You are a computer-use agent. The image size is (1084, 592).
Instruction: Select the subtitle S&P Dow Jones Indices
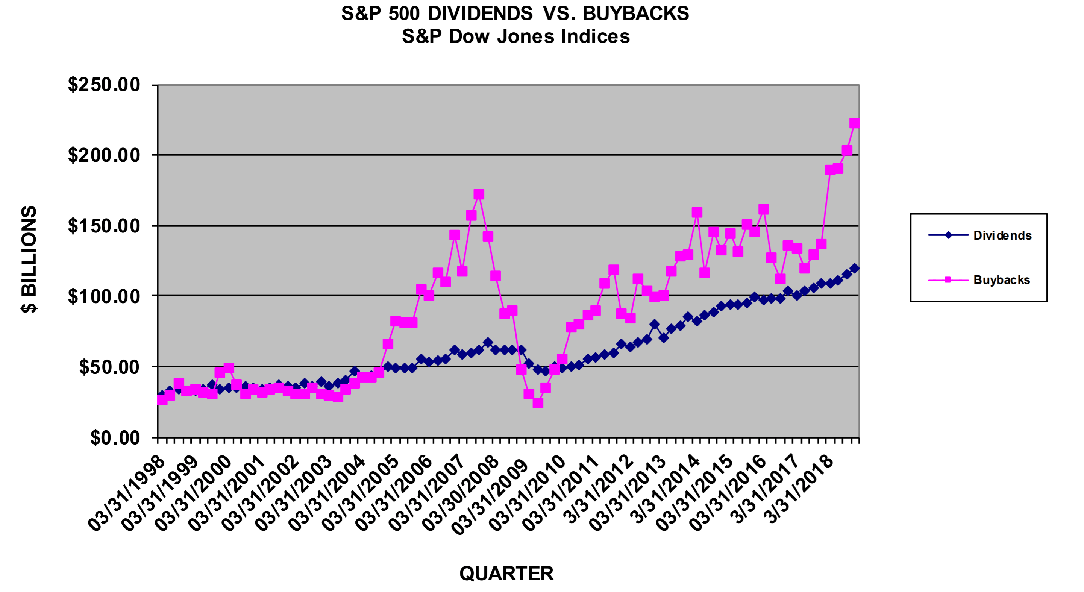click(x=515, y=36)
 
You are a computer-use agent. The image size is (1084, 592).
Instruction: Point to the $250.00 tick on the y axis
click(x=104, y=85)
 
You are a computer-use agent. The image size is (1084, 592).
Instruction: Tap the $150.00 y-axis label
click(x=104, y=226)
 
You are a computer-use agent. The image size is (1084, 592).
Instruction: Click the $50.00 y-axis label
click(x=109, y=367)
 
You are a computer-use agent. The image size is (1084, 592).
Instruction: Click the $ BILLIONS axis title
click(x=29, y=259)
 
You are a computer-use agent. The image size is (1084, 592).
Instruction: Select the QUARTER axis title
click(x=506, y=574)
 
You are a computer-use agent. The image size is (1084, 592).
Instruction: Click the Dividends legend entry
click(x=1002, y=235)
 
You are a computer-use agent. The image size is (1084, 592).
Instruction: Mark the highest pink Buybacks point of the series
click(x=854, y=123)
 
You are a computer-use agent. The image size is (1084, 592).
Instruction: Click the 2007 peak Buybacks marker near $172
click(x=479, y=194)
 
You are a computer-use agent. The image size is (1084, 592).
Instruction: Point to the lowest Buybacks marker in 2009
click(x=537, y=403)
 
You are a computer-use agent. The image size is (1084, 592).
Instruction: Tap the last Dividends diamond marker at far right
click(x=854, y=268)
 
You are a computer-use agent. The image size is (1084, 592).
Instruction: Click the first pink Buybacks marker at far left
click(x=162, y=399)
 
